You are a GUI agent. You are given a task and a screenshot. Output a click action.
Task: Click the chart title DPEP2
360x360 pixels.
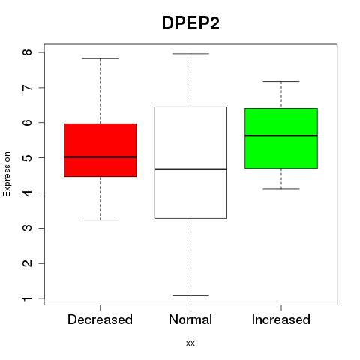pos(190,23)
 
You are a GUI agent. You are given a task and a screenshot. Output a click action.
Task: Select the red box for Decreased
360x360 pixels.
pos(100,150)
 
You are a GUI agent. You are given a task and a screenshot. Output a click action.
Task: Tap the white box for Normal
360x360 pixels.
pos(190,163)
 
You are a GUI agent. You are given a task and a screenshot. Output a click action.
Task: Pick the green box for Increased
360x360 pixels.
pos(281,138)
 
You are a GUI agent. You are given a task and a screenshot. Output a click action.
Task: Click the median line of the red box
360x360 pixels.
pos(100,157)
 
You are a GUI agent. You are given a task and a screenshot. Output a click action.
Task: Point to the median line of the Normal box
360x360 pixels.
pos(190,169)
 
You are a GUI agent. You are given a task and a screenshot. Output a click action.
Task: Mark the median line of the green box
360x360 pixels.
pos(281,136)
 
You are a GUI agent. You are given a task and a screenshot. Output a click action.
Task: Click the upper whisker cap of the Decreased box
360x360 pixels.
pos(100,58)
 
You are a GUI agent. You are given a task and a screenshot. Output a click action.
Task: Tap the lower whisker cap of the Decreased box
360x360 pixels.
pos(100,220)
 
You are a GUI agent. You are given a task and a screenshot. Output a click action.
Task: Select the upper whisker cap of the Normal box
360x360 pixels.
pos(190,54)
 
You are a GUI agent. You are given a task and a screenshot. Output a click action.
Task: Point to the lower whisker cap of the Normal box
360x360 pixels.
pos(190,295)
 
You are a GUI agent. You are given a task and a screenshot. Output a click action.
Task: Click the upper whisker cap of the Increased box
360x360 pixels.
pos(281,81)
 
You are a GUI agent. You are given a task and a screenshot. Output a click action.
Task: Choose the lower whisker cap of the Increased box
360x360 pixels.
pos(281,189)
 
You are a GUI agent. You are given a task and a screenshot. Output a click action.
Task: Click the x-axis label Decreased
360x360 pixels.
pos(100,319)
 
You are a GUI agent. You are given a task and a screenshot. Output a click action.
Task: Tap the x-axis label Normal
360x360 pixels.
pos(190,319)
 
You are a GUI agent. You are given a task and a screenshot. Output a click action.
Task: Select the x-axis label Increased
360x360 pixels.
pos(281,319)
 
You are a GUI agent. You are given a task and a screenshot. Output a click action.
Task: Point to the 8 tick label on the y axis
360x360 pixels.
pos(28,52)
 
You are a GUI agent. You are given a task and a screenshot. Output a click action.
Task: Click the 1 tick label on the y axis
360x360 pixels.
pos(28,298)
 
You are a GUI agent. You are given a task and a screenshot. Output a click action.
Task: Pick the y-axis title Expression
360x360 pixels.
pos(7,174)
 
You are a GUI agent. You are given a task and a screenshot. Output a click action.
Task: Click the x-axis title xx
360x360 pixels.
pos(190,343)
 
